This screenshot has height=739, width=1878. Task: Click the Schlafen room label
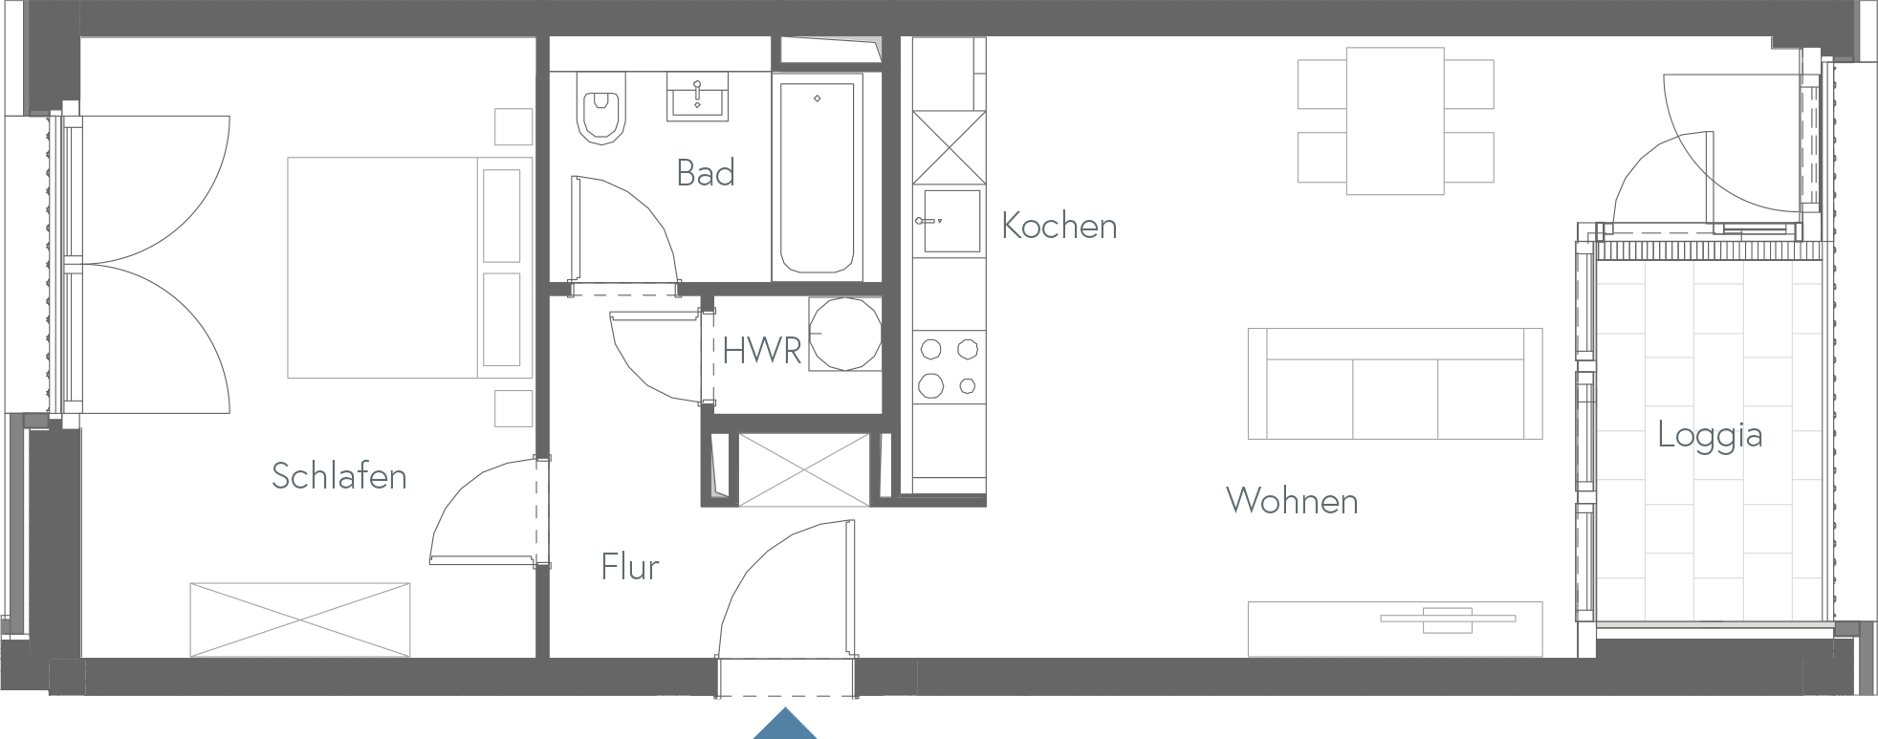[x=338, y=476]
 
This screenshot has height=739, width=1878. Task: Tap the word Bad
[x=705, y=173]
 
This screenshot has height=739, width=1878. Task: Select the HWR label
[x=760, y=351]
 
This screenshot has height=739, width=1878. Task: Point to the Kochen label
[x=1059, y=226]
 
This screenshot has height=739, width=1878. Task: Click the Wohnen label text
[x=1291, y=501]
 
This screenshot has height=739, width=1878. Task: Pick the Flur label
[x=629, y=567]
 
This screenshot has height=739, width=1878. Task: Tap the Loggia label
[x=1709, y=436]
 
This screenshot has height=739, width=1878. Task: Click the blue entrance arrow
[x=784, y=724]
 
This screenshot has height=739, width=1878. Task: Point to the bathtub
[x=817, y=178]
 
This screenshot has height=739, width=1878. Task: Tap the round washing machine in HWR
[x=844, y=334]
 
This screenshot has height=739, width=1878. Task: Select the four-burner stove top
[x=948, y=367]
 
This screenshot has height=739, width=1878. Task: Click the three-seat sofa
[x=1394, y=384]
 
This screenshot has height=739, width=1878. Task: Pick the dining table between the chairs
[x=1395, y=120]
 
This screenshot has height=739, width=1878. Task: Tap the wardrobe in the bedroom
[x=300, y=619]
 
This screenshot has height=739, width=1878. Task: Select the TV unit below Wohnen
[x=1394, y=629]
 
